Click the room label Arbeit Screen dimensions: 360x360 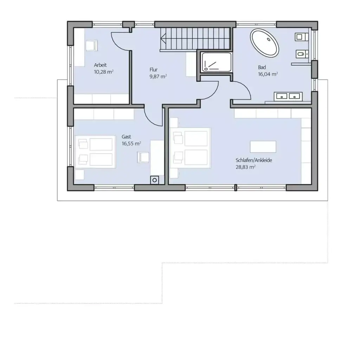coord(100,65)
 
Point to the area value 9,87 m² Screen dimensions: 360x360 coord(158,76)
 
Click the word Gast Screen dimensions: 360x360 coord(126,136)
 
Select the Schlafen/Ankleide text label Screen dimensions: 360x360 coord(254,160)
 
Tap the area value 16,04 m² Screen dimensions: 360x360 coord(268,74)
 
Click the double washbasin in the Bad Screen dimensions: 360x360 coord(288,96)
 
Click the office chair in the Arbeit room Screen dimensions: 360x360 coord(91,45)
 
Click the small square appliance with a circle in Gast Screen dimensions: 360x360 coord(154,180)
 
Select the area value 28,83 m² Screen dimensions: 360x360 coord(245,167)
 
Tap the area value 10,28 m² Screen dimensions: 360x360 coord(103,72)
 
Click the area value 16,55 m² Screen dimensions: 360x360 coord(131,143)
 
